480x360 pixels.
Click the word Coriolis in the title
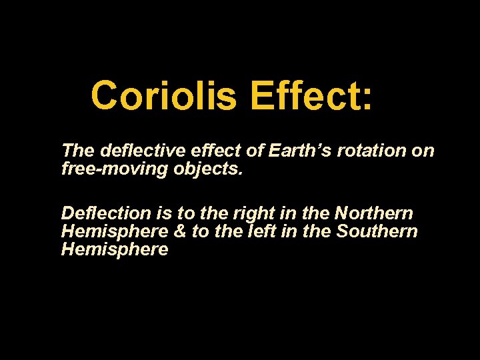pyautogui.click(x=163, y=95)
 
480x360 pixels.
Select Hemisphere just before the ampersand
pyautogui.click(x=114, y=231)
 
